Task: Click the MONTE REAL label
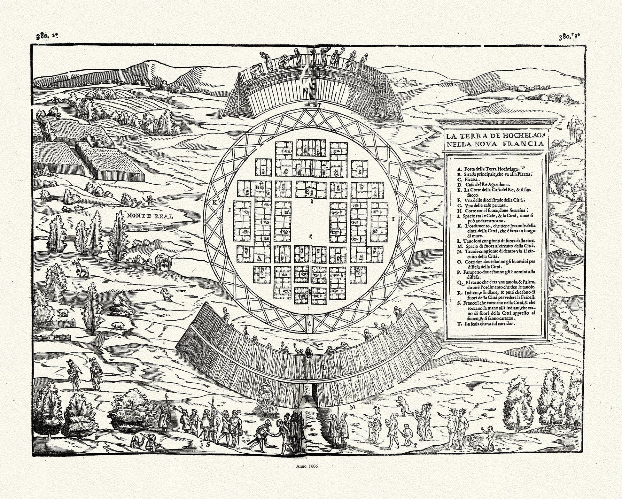[150, 216]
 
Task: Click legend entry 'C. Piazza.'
[469, 180]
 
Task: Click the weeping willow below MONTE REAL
[161, 262]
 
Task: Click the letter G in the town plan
[268, 193]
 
